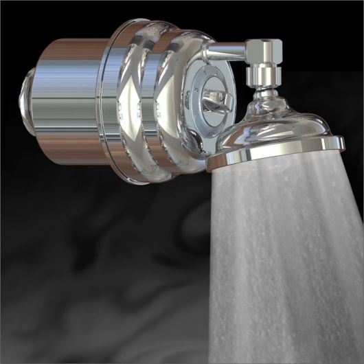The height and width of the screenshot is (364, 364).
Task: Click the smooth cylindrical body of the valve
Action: click(x=69, y=103)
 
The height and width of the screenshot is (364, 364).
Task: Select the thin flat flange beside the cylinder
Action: click(x=103, y=103)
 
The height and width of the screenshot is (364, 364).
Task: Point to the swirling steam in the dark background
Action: click(x=103, y=275)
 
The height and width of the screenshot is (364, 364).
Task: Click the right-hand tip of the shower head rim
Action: click(x=341, y=142)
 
